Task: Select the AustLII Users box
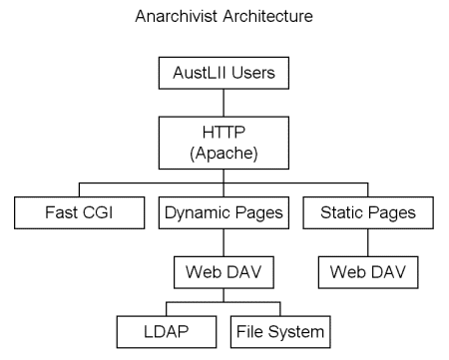pos(224,75)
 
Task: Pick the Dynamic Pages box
pos(224,211)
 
